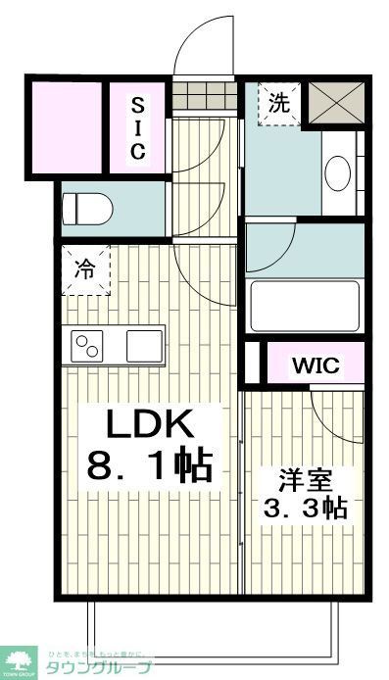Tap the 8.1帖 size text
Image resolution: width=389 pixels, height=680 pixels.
click(150, 464)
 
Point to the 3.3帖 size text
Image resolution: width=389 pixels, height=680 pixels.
click(305, 509)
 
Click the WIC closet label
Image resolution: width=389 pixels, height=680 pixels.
click(315, 366)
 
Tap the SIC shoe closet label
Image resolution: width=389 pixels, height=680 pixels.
click(137, 127)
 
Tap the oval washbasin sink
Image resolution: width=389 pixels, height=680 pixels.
click(337, 174)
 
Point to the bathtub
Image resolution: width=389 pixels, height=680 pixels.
click(305, 307)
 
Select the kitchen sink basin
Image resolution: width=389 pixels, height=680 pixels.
click(143, 346)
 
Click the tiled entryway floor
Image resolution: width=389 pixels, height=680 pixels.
click(205, 96)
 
